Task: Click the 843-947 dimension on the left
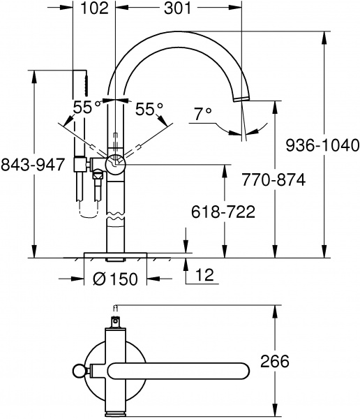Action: (33, 164)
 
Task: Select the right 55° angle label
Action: (149, 109)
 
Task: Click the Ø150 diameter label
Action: (115, 279)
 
